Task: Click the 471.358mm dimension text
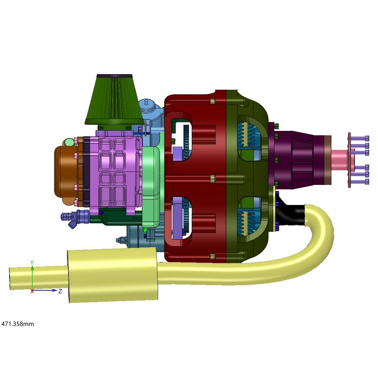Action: coord(18,324)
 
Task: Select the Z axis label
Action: coord(60,291)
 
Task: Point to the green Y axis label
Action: coord(32,262)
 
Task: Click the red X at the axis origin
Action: coord(32,291)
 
